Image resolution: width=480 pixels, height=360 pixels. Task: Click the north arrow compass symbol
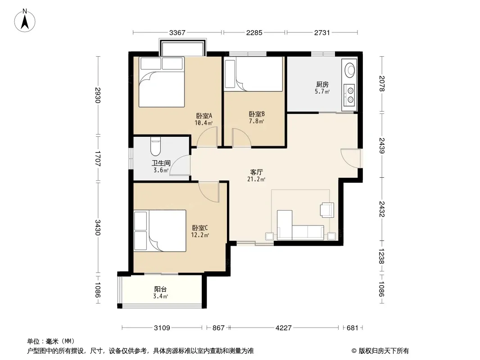25,21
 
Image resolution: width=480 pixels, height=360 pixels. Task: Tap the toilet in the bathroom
155,147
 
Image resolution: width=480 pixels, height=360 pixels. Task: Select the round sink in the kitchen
349,69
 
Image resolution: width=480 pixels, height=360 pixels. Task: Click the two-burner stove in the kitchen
349,95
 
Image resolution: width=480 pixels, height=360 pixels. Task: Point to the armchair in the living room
326,210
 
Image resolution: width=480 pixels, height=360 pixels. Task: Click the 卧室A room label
204,116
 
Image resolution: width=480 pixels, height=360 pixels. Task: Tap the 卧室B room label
257,114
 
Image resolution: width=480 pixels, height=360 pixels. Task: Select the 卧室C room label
200,228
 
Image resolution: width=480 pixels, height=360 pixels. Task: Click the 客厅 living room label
256,172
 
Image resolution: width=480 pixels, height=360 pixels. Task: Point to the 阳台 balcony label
160,289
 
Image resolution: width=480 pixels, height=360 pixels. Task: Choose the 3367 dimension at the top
177,32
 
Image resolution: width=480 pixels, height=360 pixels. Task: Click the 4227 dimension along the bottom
284,328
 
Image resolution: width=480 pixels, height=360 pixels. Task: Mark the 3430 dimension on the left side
98,228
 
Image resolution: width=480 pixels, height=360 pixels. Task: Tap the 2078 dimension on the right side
381,84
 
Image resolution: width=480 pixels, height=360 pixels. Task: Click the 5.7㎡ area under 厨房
322,91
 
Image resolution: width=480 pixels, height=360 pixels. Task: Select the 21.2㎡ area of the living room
256,179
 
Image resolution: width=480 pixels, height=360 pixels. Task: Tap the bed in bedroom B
254,74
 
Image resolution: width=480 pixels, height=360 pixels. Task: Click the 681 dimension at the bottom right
353,328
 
